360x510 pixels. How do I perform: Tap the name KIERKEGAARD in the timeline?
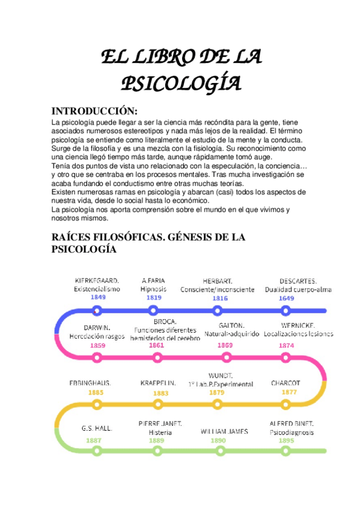tap(97, 280)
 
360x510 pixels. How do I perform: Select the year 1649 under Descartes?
tap(286, 298)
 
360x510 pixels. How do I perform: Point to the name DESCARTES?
tap(298, 280)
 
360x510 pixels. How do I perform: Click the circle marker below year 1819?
tap(154, 311)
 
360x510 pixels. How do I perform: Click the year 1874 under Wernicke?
tap(286, 345)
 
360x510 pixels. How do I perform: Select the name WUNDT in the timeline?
tap(220, 376)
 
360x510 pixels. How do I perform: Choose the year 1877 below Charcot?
tap(289, 392)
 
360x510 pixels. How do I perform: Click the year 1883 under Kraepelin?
tap(160, 393)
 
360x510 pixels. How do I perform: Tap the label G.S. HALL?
tap(97, 429)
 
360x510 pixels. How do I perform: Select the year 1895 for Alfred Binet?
tap(286, 440)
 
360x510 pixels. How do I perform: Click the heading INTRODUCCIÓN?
tap(95, 111)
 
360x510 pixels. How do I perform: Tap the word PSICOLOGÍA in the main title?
tap(181, 82)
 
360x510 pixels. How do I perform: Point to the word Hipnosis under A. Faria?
tap(153, 289)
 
